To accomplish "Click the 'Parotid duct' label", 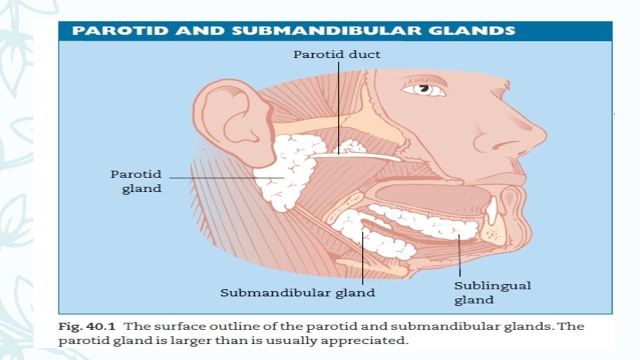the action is click(x=337, y=55).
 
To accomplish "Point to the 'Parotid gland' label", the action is click(x=136, y=181).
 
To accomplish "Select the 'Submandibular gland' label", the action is click(x=298, y=292).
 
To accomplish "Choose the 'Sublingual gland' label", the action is click(x=493, y=293).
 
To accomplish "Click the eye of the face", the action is click(x=422, y=89).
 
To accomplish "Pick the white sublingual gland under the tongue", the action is click(x=427, y=223).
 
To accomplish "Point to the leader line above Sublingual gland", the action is click(x=459, y=257).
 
